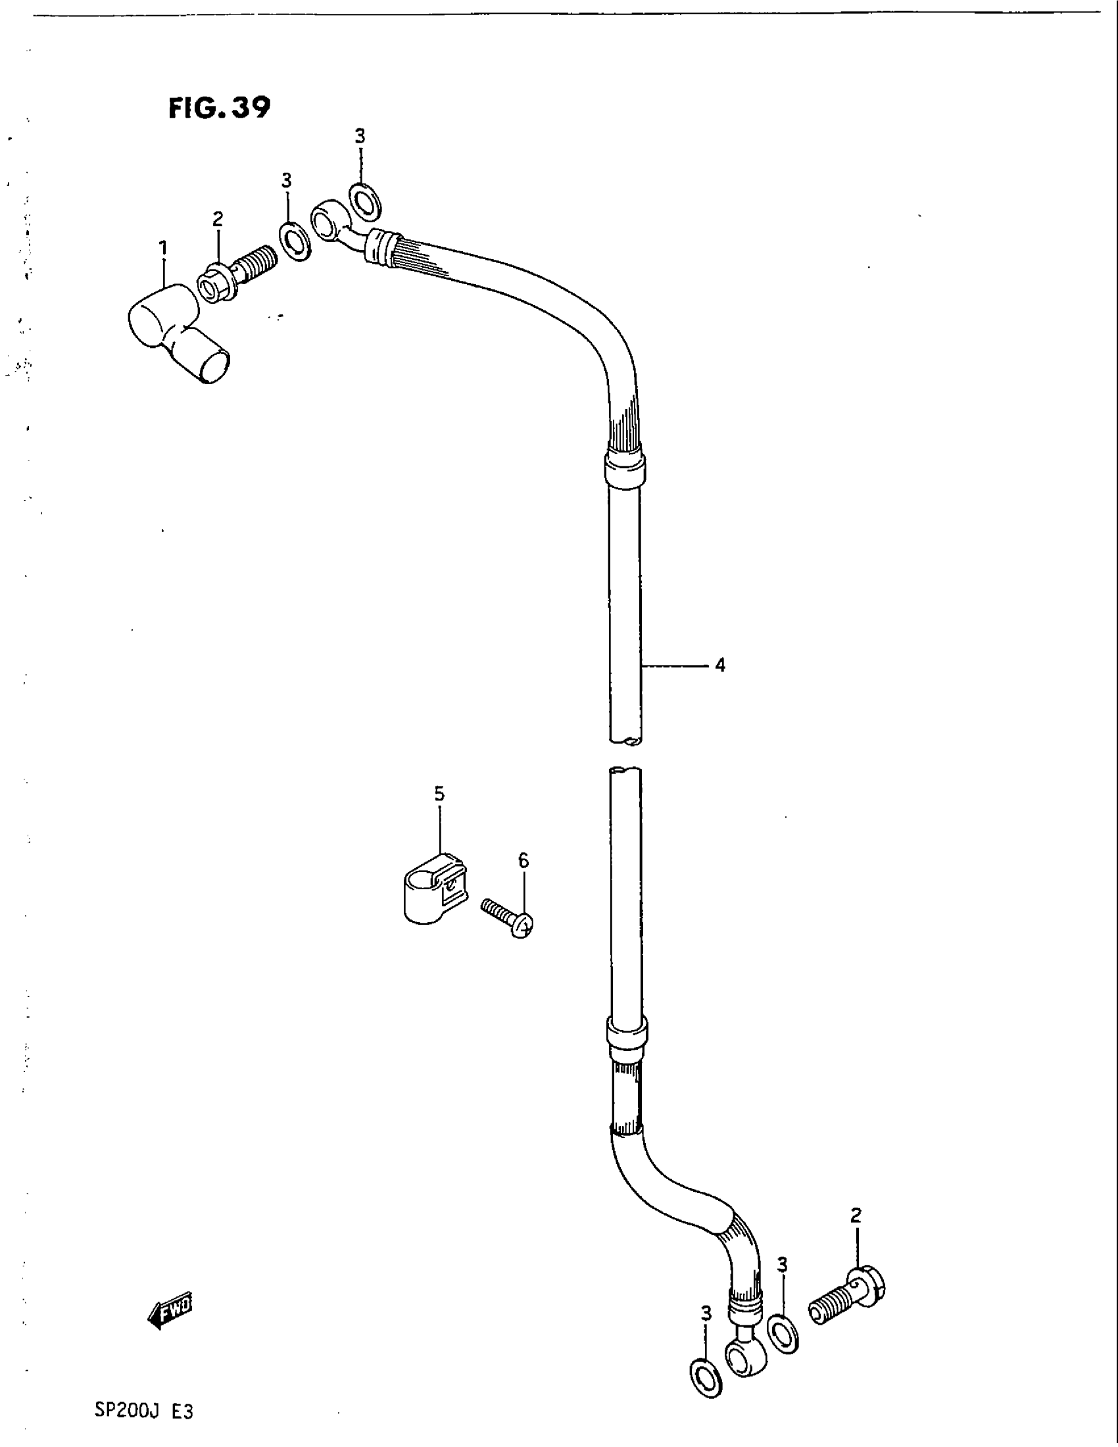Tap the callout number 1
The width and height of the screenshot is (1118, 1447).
click(x=162, y=249)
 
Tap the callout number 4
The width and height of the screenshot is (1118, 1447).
click(x=720, y=664)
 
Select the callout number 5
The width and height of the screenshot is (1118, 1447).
click(x=440, y=794)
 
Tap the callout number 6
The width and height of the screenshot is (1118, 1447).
click(x=523, y=861)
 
